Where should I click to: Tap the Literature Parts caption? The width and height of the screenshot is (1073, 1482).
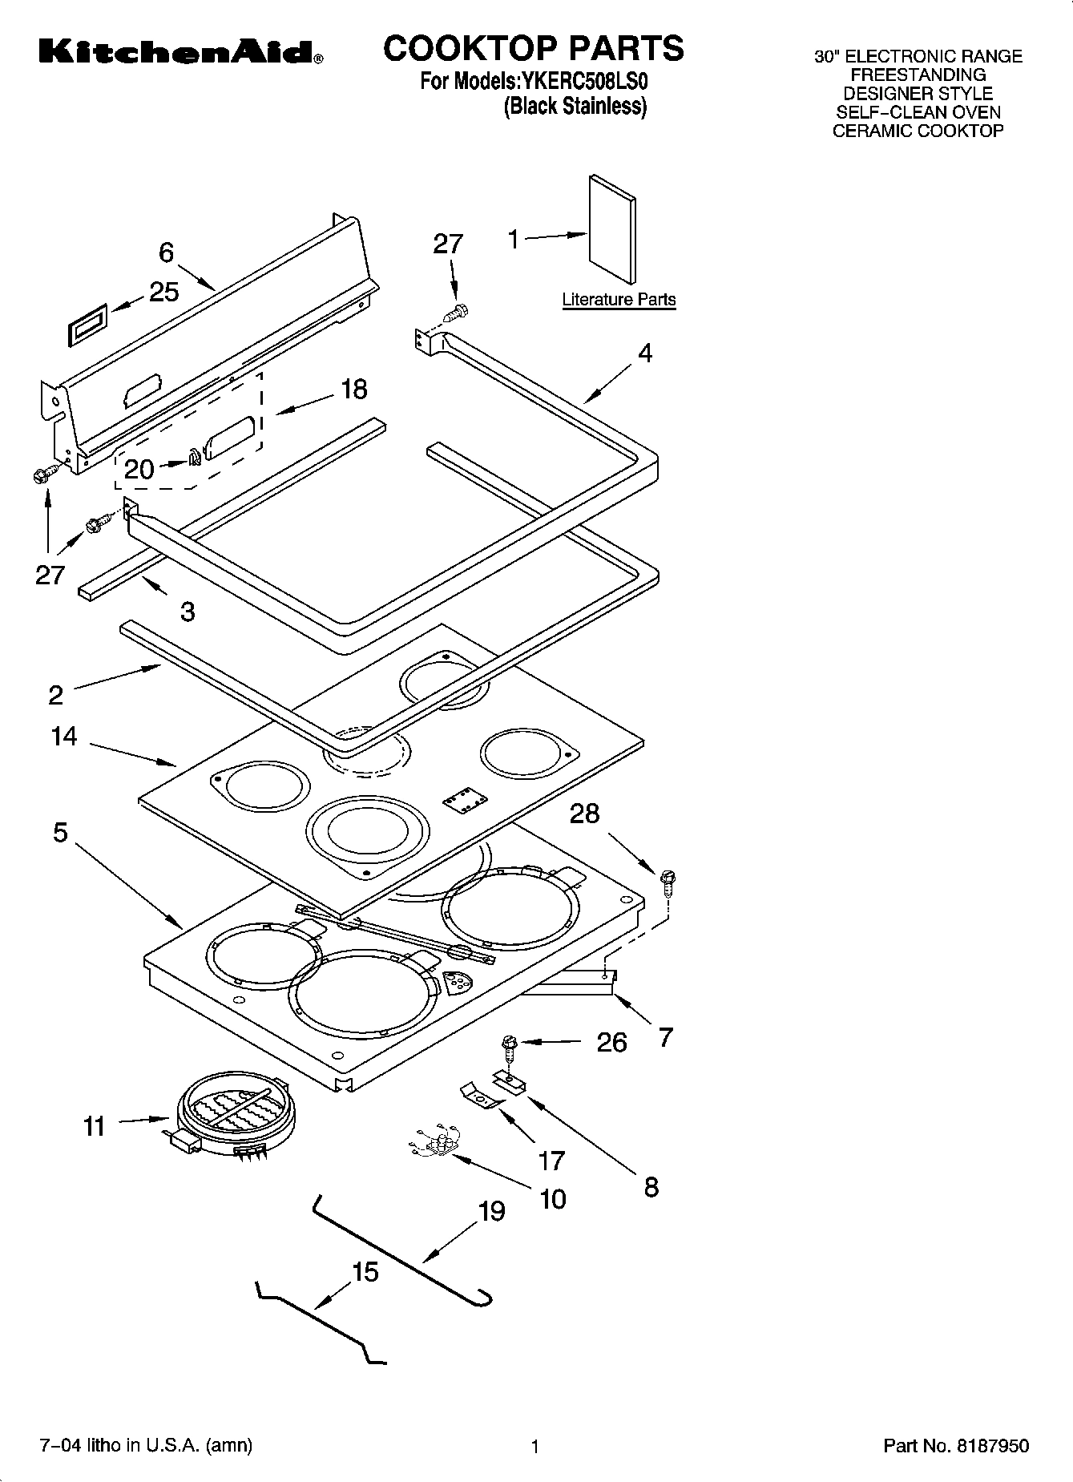click(619, 300)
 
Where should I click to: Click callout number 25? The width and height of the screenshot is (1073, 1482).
click(164, 292)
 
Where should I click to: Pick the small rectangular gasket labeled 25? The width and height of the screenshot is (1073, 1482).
click(86, 325)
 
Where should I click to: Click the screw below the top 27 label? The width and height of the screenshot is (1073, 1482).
click(458, 311)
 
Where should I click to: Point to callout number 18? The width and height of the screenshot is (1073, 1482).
click(353, 390)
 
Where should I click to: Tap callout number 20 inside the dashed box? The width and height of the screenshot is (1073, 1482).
click(139, 468)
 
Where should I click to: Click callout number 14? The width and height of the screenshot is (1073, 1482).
click(64, 736)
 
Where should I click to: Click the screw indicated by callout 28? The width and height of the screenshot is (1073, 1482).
click(666, 880)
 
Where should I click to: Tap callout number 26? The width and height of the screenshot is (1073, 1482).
click(611, 1042)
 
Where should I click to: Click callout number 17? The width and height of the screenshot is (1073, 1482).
click(551, 1160)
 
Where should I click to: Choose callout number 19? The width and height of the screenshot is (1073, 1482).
click(491, 1210)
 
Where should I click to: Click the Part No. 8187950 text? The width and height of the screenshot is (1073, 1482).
click(955, 1446)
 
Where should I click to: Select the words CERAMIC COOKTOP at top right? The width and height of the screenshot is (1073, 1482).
click(918, 131)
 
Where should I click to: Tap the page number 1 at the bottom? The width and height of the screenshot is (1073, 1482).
click(534, 1447)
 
